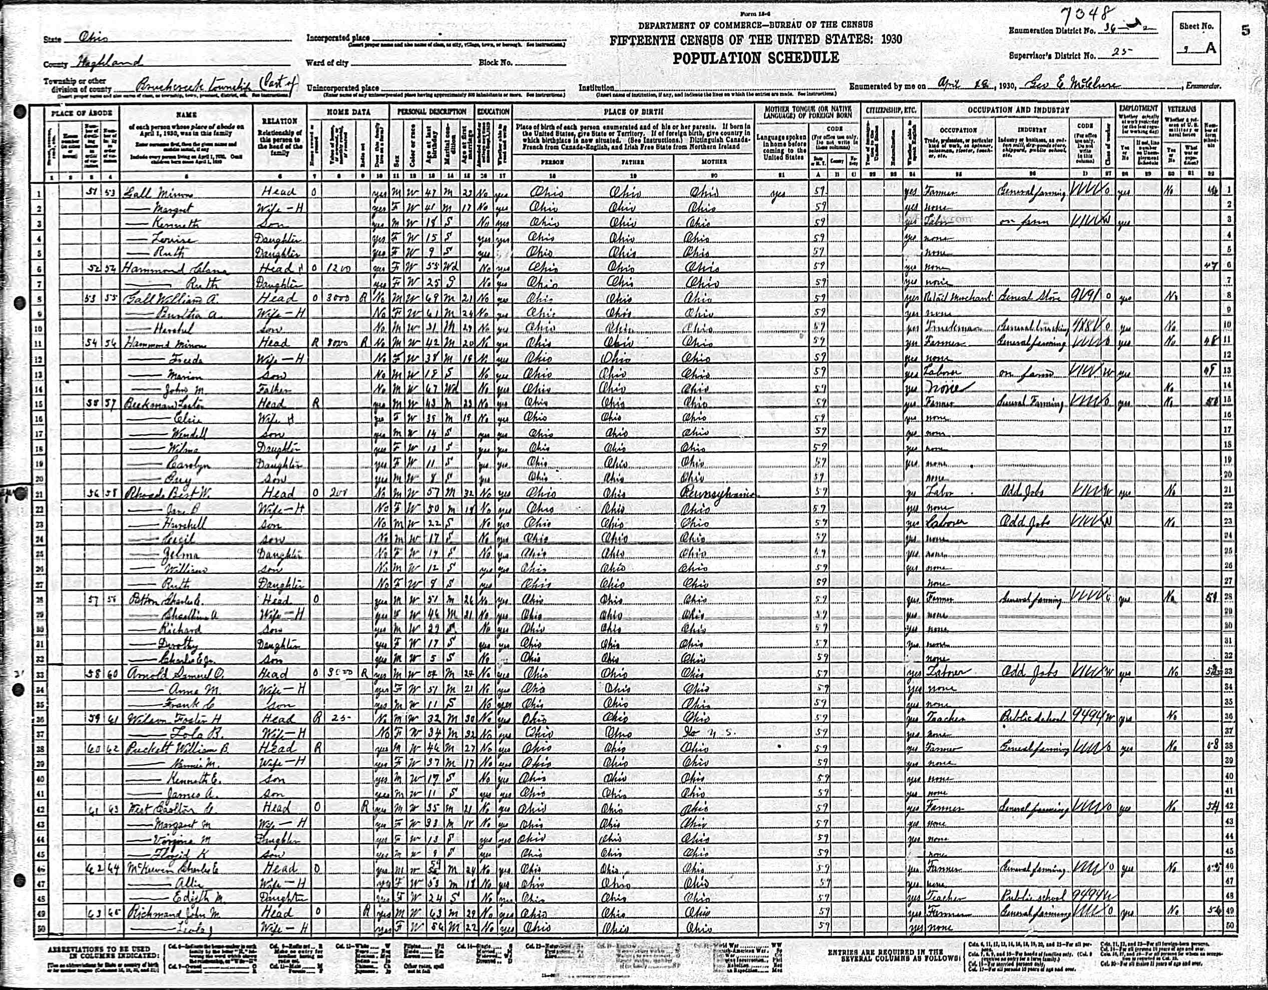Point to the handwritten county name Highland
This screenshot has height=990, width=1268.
pos(108,63)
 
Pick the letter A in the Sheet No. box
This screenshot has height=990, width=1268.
pos(1209,48)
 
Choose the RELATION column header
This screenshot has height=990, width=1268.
pos(280,121)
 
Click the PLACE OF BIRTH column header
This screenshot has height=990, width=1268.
pos(632,110)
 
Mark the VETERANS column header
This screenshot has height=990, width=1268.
pos(1181,109)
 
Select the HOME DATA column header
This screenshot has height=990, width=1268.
pos(348,111)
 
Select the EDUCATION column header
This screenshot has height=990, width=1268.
pos(493,111)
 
